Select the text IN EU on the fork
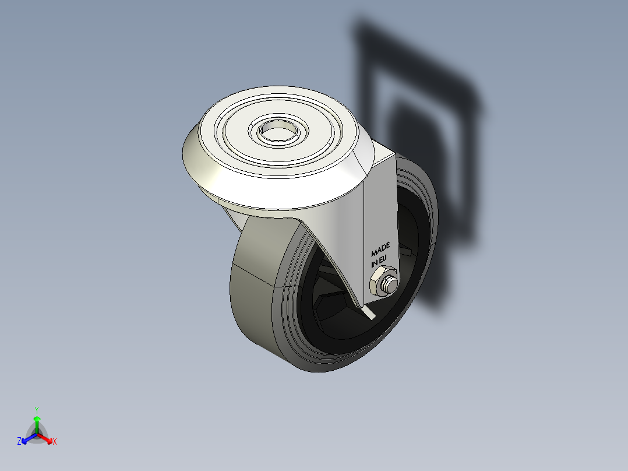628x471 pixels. click(x=379, y=262)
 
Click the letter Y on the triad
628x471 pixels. click(x=37, y=410)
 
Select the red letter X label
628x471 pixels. click(x=55, y=442)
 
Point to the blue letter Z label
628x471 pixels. click(x=19, y=441)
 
